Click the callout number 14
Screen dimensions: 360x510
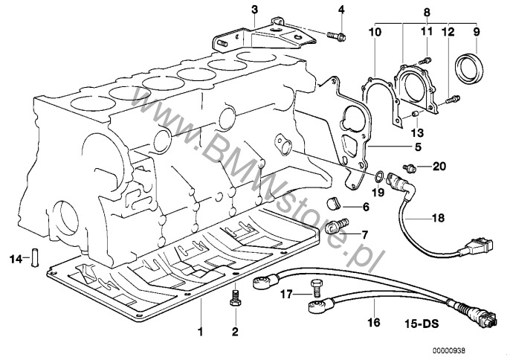[16, 259]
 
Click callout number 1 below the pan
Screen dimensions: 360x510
[199, 330]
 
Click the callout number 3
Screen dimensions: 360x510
[254, 10]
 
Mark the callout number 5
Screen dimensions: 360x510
[418, 147]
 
